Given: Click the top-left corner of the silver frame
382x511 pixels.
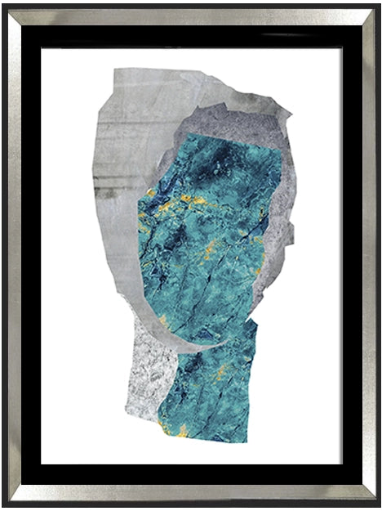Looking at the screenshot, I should coord(4,4).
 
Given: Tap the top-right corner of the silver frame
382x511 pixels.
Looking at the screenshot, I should coord(377,4).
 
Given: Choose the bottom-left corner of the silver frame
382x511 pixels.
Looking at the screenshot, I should coord(4,506).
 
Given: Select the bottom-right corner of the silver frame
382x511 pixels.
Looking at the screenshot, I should coord(377,506).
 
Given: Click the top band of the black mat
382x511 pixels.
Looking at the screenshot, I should coord(191,35).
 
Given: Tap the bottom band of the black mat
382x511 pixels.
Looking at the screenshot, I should coord(191,474).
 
